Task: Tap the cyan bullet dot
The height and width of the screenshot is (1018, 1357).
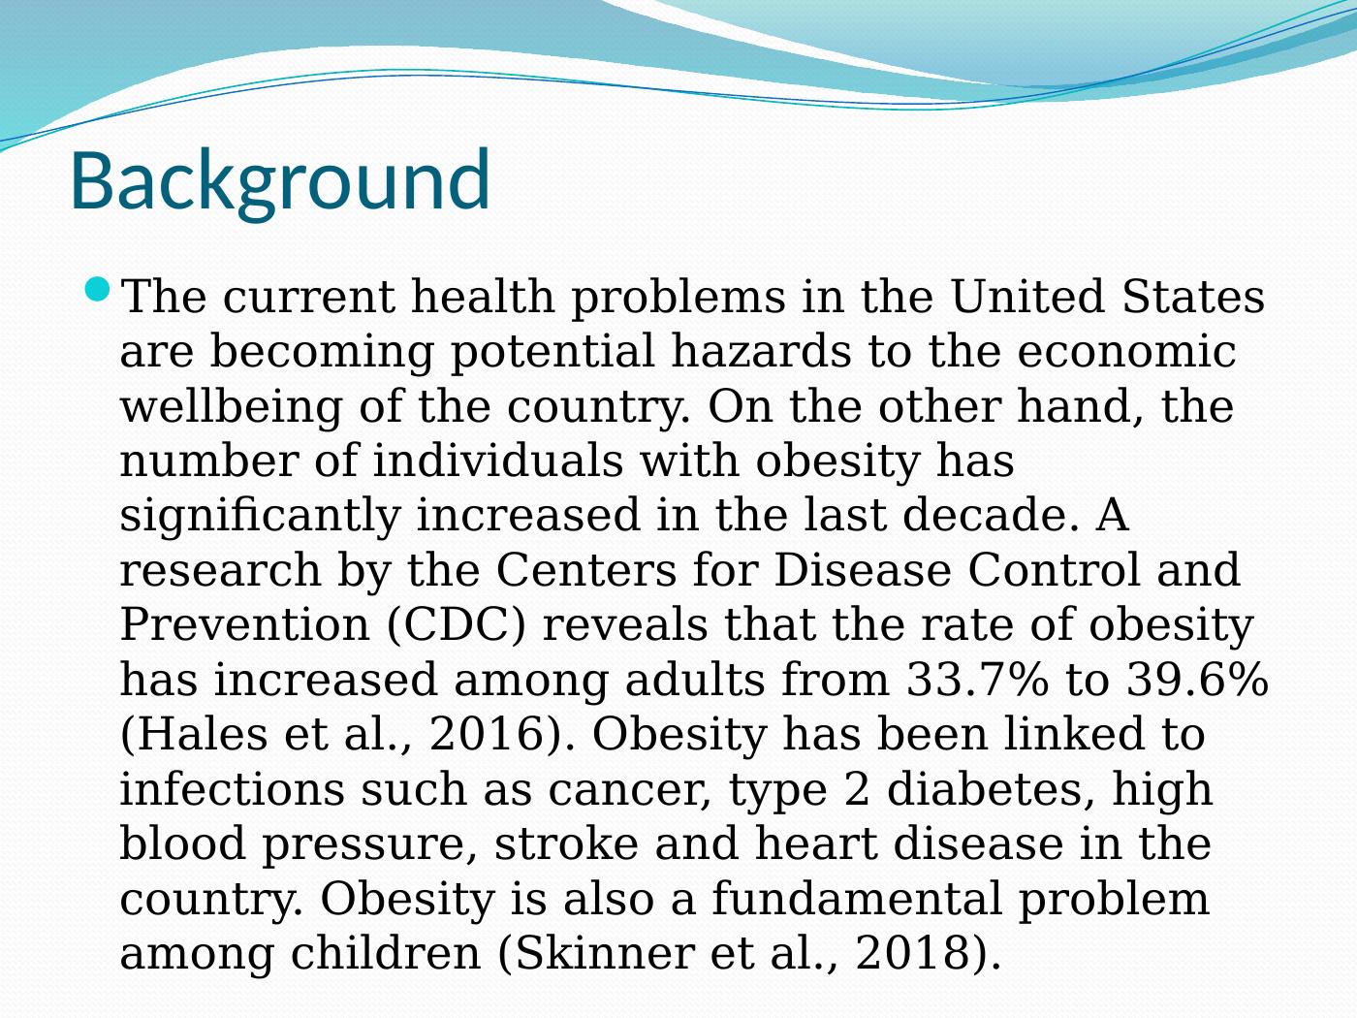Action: [x=98, y=289]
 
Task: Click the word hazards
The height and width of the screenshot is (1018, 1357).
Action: [x=762, y=351]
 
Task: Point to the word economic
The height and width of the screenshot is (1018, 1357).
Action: [x=1126, y=351]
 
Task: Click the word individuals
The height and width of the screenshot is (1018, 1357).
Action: [x=497, y=461]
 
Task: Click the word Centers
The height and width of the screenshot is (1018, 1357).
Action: [x=586, y=570]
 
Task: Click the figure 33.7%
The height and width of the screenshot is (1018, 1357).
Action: [x=977, y=680]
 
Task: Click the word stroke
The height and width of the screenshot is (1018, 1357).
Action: [x=566, y=844]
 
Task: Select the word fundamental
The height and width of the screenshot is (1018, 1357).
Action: [x=856, y=899]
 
